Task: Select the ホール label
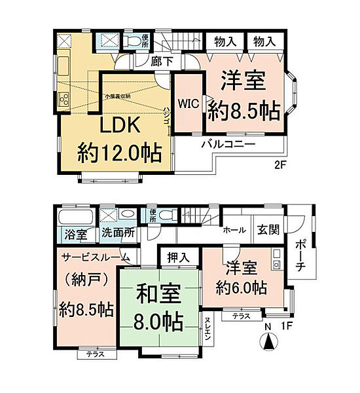234,230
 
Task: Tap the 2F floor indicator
280,166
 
